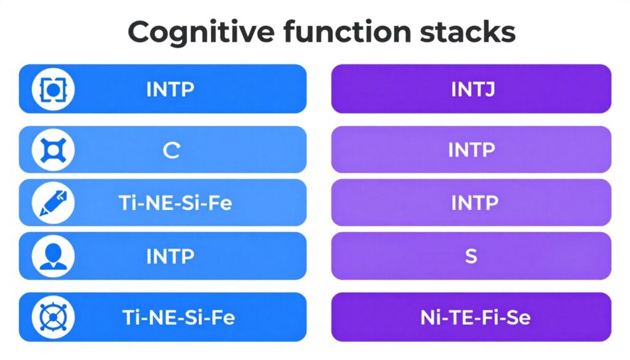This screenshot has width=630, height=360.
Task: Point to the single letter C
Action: [170, 150]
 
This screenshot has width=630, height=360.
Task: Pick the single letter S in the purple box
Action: [471, 256]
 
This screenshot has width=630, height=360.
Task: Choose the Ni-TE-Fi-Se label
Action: [471, 318]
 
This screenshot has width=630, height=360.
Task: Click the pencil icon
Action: [53, 202]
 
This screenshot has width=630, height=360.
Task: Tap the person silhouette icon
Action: [53, 255]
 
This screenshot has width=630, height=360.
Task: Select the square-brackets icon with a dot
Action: [53, 89]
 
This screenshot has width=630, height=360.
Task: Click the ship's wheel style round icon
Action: [53, 318]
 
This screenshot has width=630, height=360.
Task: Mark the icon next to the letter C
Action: [53, 150]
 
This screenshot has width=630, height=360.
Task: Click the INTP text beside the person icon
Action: [170, 256]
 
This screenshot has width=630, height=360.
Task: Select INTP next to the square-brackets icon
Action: [170, 89]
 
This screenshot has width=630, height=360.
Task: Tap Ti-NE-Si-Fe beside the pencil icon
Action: [176, 203]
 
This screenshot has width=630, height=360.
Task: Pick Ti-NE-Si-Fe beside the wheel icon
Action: [178, 318]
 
